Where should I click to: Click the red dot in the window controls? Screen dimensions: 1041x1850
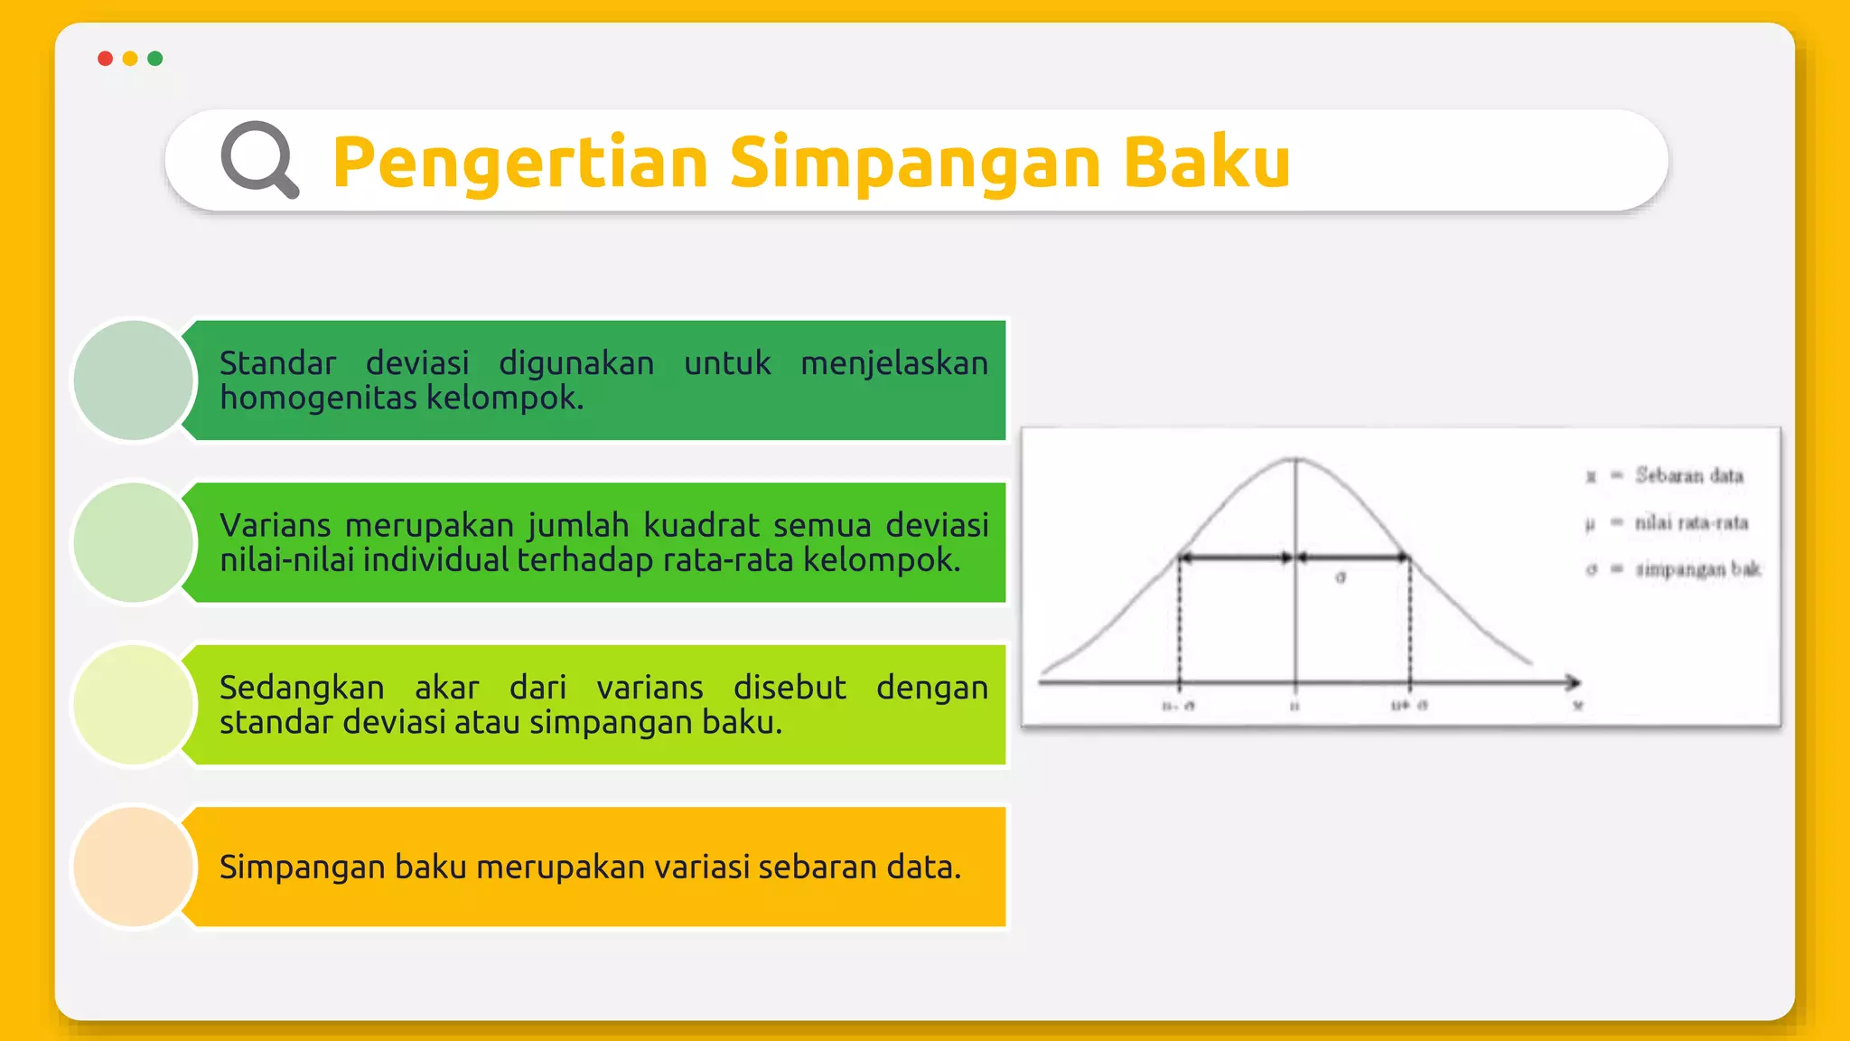[105, 59]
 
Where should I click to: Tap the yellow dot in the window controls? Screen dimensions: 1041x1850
[130, 59]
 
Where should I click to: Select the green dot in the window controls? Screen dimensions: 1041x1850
[155, 59]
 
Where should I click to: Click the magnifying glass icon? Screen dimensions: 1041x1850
[258, 158]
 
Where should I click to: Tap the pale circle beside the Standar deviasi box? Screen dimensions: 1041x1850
[134, 380]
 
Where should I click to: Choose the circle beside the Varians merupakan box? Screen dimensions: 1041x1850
[134, 542]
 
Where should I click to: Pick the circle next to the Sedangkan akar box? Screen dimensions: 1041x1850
[134, 704]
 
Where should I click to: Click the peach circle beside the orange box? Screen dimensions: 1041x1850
[134, 867]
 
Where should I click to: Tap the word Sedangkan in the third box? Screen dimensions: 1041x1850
[302, 688]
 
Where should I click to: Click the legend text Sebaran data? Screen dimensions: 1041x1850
[1688, 475]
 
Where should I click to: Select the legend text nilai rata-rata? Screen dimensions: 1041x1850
[1690, 522]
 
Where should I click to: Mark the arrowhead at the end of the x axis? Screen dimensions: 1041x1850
[1574, 682]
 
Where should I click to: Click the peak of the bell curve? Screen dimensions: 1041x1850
[1296, 459]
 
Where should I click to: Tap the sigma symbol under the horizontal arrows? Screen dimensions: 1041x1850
[1341, 577]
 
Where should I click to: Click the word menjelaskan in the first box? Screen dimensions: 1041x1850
[894, 363]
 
